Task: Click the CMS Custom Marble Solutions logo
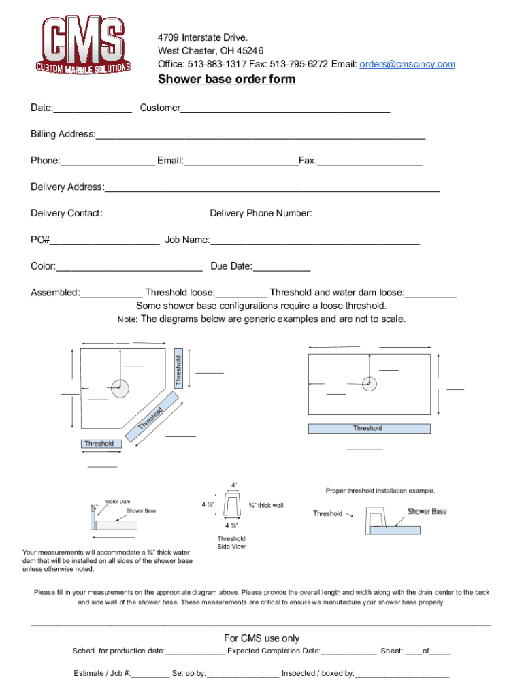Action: (83, 44)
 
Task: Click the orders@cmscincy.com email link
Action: (406, 64)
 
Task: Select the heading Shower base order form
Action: (227, 79)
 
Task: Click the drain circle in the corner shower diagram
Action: (120, 389)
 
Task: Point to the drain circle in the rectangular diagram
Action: (370, 383)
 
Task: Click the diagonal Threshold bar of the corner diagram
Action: (152, 416)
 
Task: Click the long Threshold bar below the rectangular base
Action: (369, 429)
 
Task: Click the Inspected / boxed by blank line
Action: (402, 675)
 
